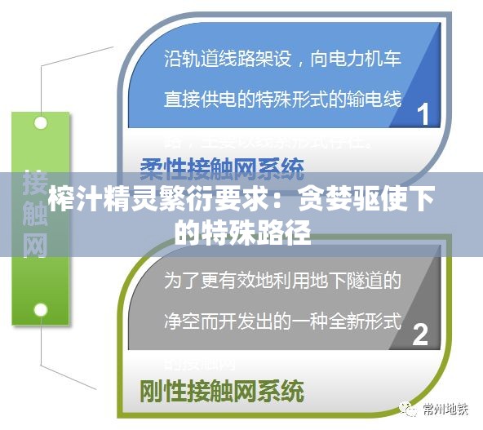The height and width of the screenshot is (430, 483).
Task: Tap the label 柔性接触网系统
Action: coord(222,170)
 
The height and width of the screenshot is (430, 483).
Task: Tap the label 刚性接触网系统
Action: coord(222,390)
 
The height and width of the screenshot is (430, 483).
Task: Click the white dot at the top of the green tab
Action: coord(40,123)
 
